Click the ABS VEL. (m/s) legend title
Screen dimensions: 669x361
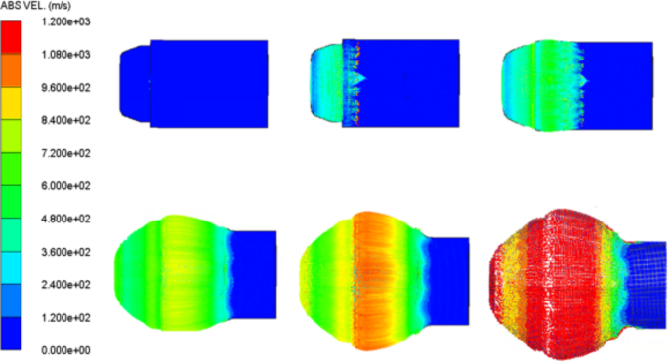[36, 6]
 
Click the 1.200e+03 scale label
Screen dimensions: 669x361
[65, 21]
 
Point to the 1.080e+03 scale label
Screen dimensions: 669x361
[65, 55]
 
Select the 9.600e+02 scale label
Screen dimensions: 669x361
[65, 88]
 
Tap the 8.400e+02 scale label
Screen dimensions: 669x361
[65, 120]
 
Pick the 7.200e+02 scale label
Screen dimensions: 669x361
[65, 153]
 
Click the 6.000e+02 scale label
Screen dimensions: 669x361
[65, 185]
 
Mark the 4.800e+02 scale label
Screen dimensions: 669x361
[65, 219]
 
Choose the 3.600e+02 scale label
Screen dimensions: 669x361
[65, 252]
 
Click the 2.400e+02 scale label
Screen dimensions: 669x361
[65, 285]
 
